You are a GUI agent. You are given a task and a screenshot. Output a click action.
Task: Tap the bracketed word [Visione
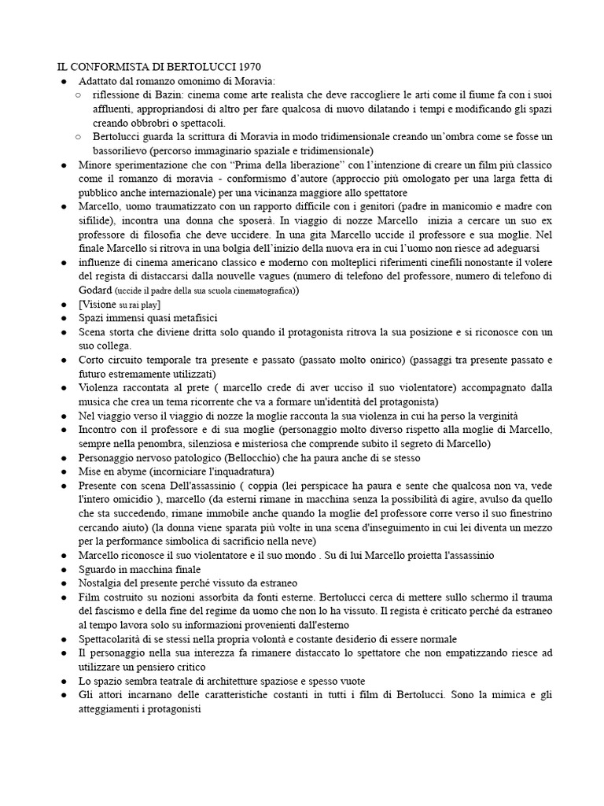98,304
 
